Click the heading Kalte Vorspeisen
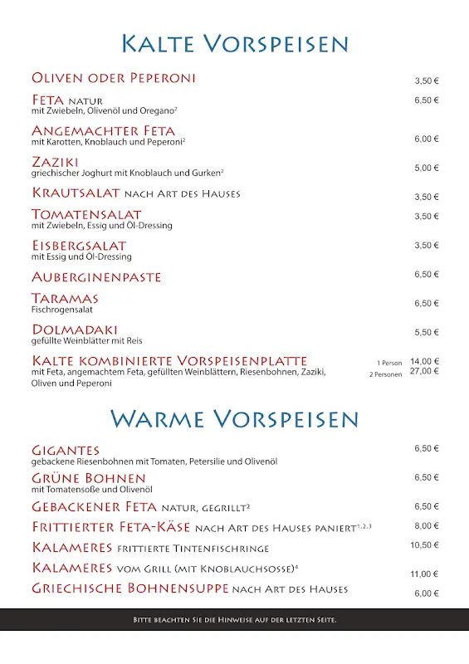pos(235,43)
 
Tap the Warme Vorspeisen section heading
pos(235,417)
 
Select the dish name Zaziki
pos(55,161)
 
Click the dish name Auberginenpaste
pos(96,276)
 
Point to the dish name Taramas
pos(65,298)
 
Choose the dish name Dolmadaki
pos(75,330)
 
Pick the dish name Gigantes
pos(66,450)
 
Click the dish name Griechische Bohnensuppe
pos(130,588)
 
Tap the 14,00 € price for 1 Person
pos(424,361)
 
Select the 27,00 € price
pos(424,371)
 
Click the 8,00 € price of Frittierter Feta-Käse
pos(427,525)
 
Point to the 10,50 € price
pos(424,544)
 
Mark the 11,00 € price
pos(424,574)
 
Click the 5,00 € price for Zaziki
pos(427,168)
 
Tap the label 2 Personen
pos(386,374)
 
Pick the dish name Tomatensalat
pos(86,214)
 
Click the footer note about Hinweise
pos(235,620)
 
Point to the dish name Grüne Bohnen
pos(89,478)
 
